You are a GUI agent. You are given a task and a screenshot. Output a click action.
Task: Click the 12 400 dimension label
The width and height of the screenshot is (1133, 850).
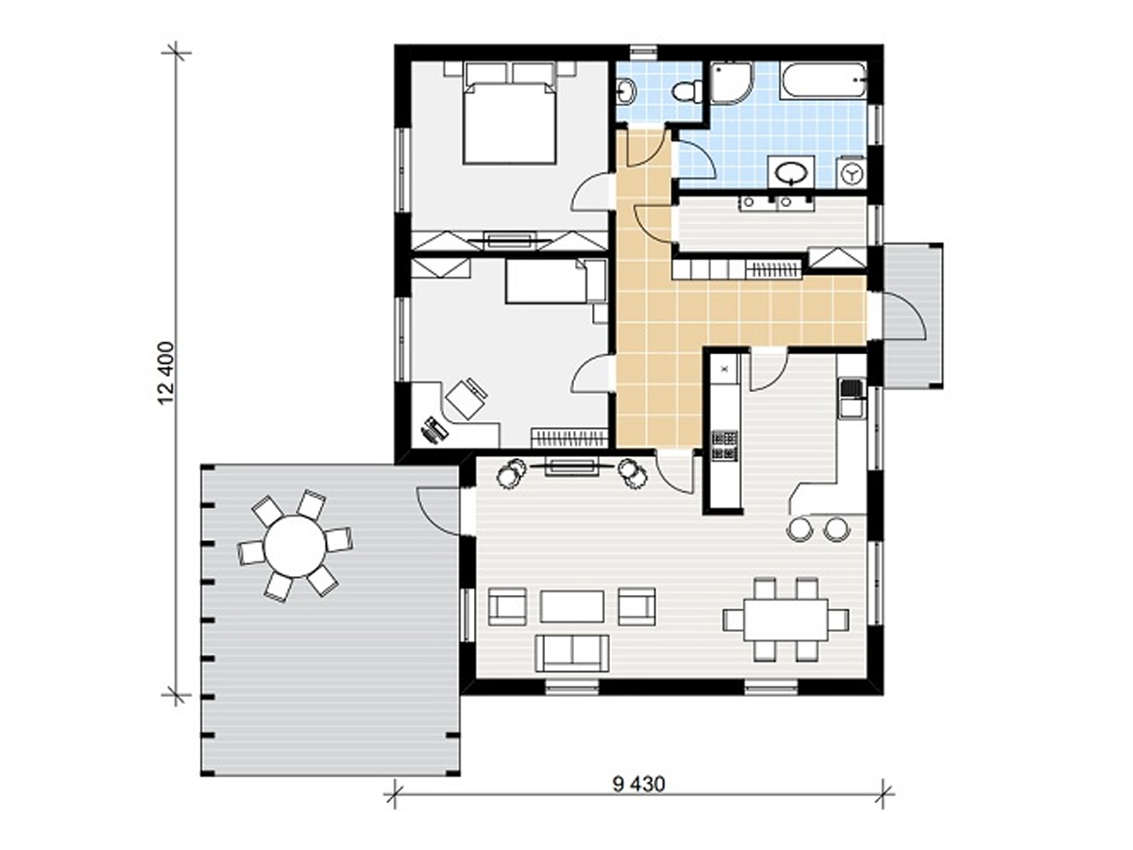pyautogui.click(x=168, y=373)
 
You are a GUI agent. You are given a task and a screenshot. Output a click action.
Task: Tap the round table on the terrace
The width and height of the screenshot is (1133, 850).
pyautogui.click(x=295, y=546)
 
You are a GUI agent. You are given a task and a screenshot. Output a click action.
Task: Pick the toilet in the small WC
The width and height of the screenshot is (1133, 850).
pyautogui.click(x=687, y=92)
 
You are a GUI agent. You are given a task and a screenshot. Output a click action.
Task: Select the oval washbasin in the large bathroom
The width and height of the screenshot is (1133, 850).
pyautogui.click(x=791, y=173)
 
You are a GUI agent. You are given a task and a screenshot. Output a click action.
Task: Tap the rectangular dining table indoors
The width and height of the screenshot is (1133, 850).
pyautogui.click(x=786, y=620)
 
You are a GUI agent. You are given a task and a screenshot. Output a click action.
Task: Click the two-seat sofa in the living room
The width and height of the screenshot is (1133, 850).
pyautogui.click(x=572, y=653)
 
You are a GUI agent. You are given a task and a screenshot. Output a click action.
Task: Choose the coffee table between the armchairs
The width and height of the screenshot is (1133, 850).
pyautogui.click(x=572, y=606)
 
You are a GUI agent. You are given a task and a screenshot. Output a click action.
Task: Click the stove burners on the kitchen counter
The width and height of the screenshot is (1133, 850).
pyautogui.click(x=725, y=446)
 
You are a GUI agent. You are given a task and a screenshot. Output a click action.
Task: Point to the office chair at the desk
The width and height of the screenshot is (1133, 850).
pyautogui.click(x=467, y=399)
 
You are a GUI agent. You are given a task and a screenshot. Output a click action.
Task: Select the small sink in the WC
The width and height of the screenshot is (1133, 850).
pyautogui.click(x=626, y=92)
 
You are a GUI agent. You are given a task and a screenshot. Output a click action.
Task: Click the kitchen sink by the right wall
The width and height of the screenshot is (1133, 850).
pyautogui.click(x=852, y=397)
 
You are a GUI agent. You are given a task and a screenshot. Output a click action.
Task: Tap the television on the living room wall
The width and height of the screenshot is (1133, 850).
pyautogui.click(x=571, y=466)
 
